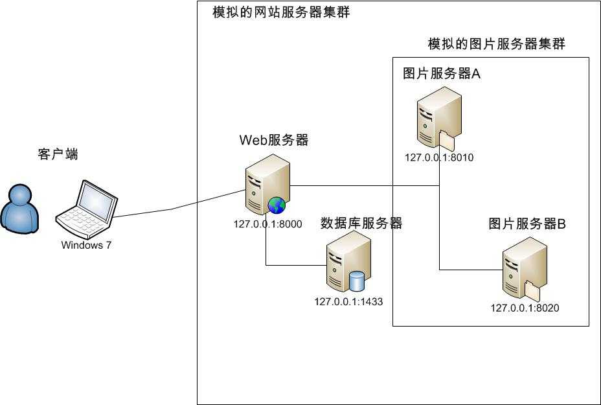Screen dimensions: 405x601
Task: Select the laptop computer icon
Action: [86, 209]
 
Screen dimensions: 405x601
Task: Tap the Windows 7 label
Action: [86, 245]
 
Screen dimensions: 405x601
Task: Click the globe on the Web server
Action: [277, 205]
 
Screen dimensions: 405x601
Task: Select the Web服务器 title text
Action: [274, 140]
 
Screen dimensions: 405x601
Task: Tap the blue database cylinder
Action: [357, 281]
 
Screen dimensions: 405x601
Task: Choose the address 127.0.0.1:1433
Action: [348, 301]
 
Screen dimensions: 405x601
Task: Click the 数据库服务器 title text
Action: [361, 224]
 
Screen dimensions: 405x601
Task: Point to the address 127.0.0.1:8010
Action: [439, 157]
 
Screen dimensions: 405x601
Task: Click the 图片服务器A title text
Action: [442, 74]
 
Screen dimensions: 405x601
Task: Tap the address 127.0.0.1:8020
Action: [525, 308]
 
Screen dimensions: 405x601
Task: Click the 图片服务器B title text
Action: [527, 225]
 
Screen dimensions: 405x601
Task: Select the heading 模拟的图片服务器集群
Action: [496, 44]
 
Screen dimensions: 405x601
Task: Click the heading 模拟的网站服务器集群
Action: [281, 12]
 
